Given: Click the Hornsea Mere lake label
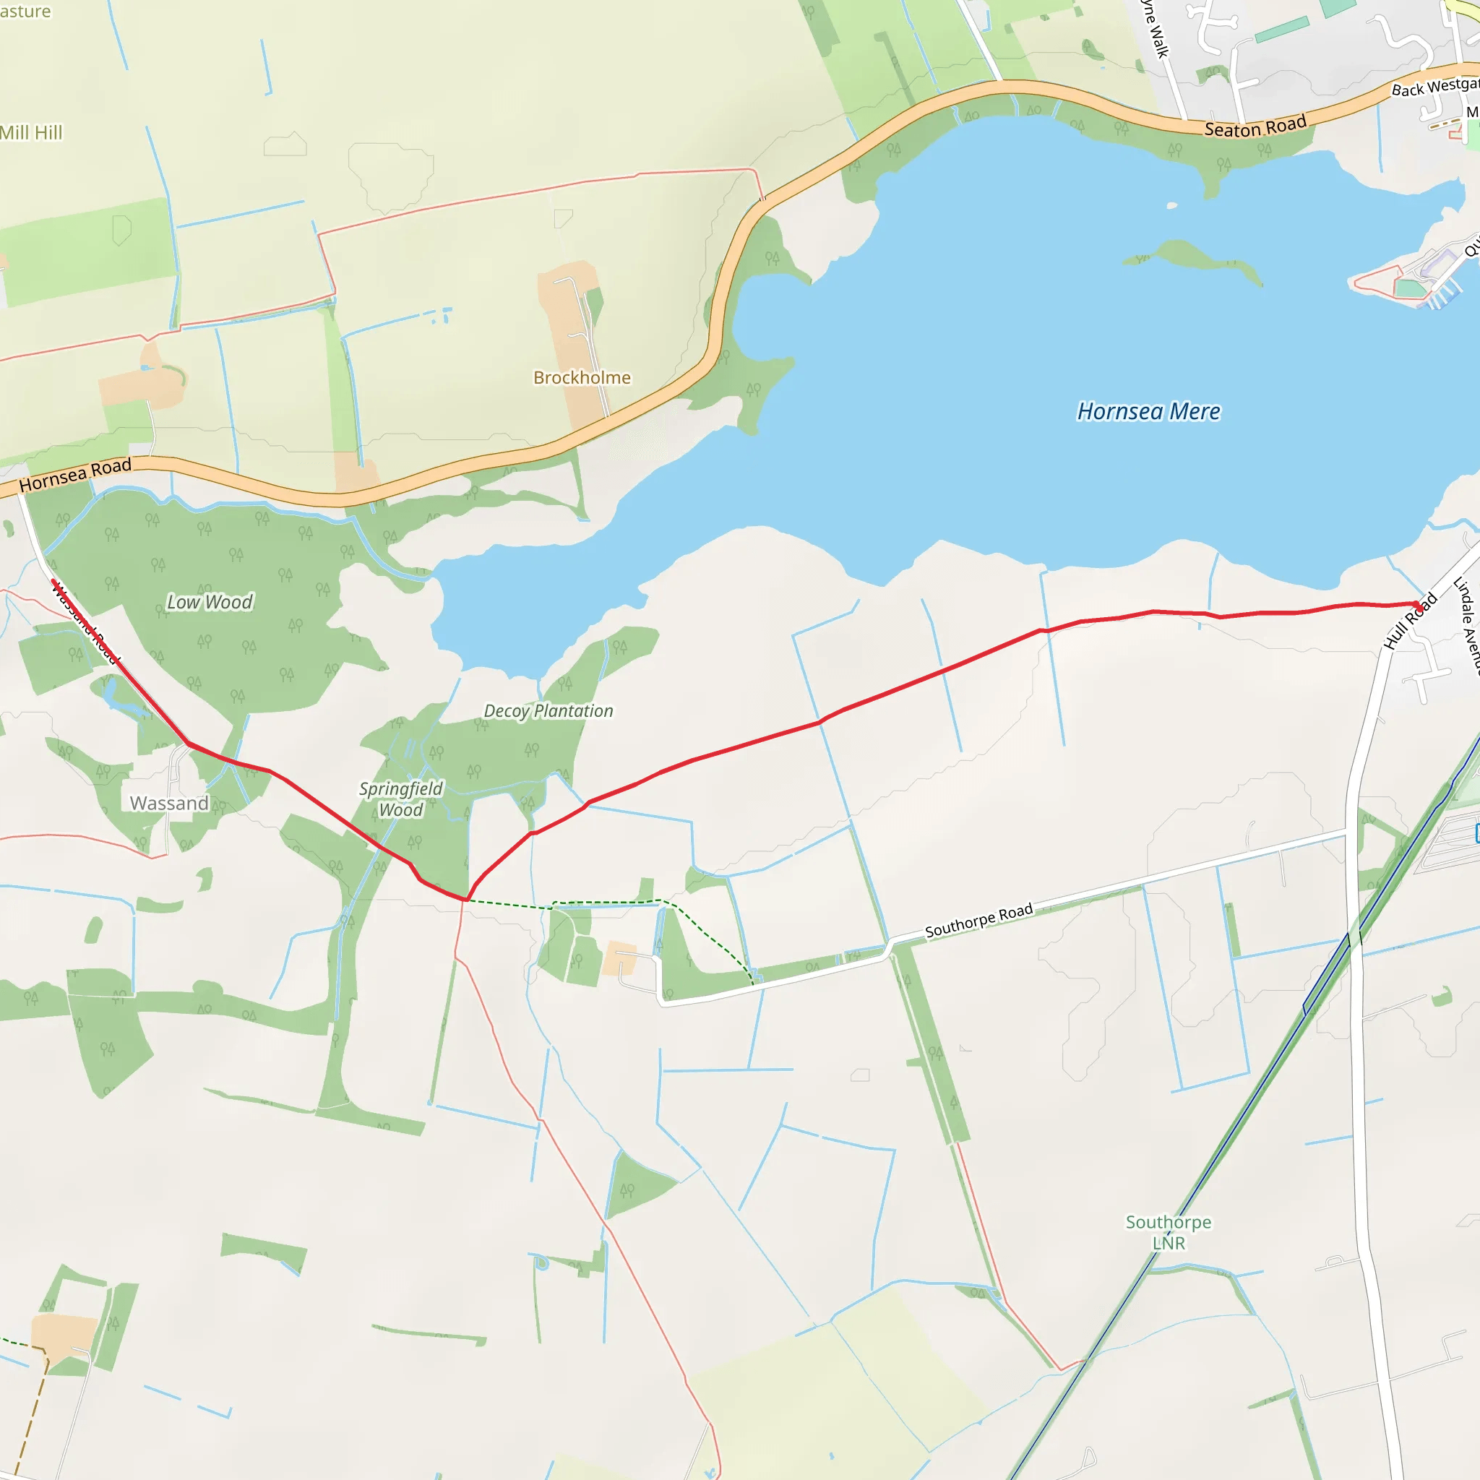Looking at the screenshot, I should click(1148, 411).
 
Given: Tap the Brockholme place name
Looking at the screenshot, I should click(582, 378).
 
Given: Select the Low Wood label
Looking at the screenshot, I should click(210, 602).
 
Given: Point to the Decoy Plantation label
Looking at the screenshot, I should click(548, 711).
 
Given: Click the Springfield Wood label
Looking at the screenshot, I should click(400, 799).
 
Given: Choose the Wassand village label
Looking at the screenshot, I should click(169, 803).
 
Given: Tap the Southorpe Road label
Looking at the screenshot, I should click(979, 920).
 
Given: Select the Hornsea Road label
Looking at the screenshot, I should click(75, 475).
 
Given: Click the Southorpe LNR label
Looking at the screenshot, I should click(1169, 1232).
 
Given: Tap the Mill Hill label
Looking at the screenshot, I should click(30, 132).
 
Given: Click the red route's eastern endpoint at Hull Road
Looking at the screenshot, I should click(1419, 606).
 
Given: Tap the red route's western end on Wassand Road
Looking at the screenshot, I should click(53, 582).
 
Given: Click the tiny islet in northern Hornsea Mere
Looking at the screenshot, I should click(1172, 205).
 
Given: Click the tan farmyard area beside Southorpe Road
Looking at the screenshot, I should click(619, 958).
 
